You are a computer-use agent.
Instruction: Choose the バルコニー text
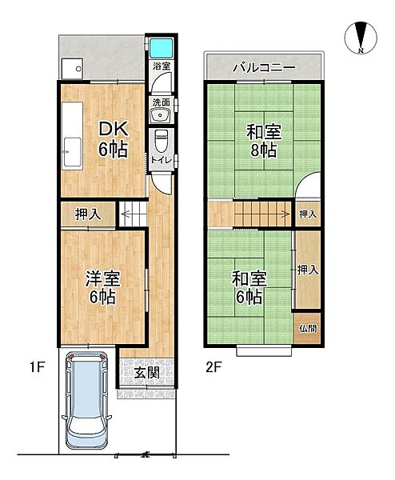(x=264, y=67)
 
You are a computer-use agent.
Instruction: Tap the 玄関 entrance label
(x=146, y=372)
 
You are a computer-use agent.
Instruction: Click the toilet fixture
(x=161, y=141)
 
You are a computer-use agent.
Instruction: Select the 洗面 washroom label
(x=160, y=102)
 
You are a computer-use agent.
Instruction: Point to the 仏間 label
(x=308, y=328)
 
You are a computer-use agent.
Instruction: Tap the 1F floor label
(x=37, y=367)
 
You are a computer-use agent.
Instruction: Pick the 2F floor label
(x=212, y=367)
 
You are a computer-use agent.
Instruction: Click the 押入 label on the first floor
(x=88, y=214)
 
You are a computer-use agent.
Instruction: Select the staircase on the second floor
(x=261, y=214)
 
